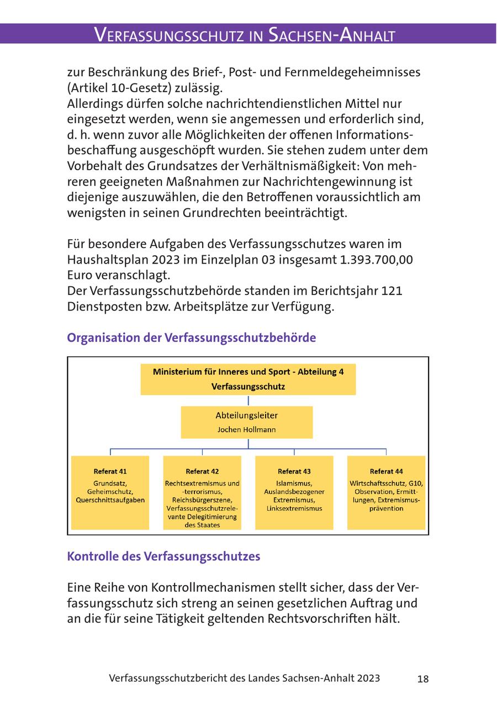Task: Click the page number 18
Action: [x=422, y=679]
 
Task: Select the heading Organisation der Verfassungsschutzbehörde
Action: [x=191, y=338]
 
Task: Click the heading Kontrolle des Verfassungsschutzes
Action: [x=163, y=556]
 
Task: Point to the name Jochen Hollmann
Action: [x=247, y=429]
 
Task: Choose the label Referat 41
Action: [x=110, y=471]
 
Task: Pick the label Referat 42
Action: [x=202, y=471]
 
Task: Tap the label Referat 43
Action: [x=294, y=471]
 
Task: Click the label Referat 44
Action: [x=386, y=471]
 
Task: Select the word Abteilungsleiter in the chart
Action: [x=247, y=415]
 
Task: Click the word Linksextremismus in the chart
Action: [x=294, y=508]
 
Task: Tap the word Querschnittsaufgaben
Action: [x=110, y=500]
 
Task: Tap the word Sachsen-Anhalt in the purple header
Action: [x=331, y=35]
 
